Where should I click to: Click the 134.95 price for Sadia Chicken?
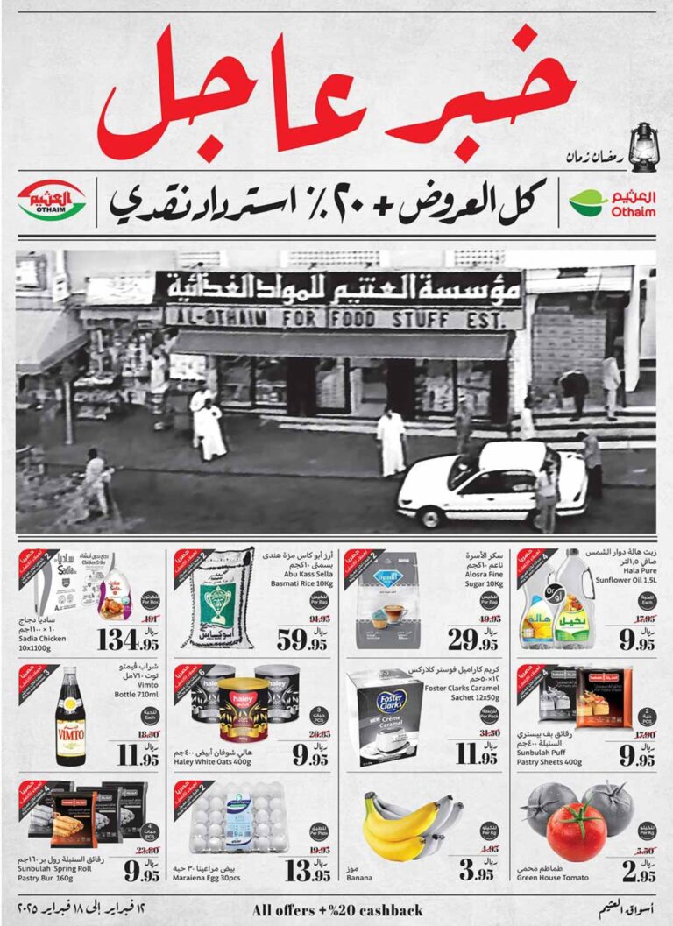tap(128, 639)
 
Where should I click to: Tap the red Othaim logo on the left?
tap(51, 201)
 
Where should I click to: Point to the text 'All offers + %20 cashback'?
tap(337, 909)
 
